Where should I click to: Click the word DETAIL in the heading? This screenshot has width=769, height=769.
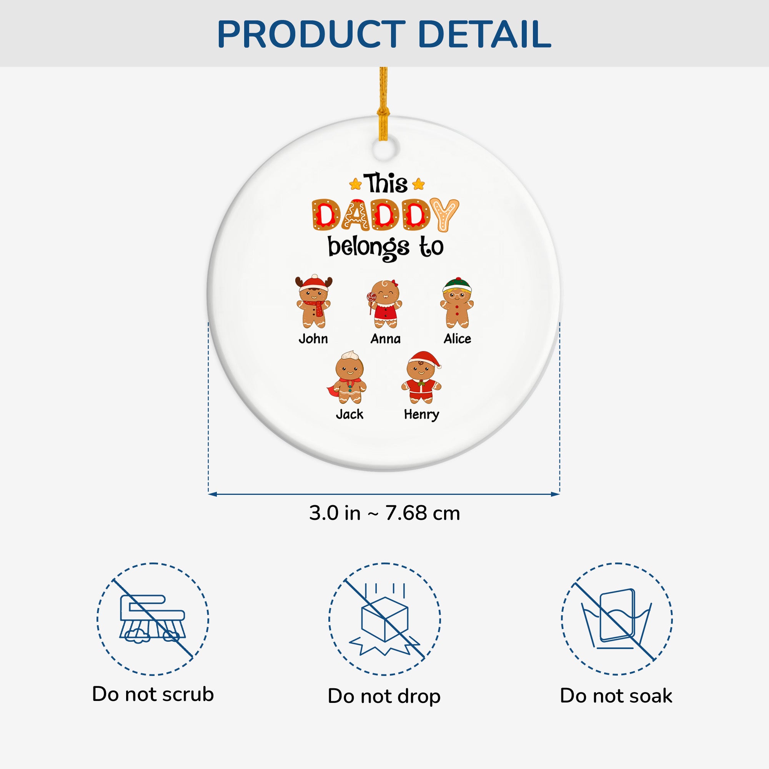484,34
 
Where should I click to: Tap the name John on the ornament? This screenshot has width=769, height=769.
313,339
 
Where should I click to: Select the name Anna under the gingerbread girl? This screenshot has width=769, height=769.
385,339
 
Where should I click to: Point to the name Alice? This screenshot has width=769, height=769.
457,339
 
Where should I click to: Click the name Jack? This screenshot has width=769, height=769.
350,414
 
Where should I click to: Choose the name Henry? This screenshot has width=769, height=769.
421,415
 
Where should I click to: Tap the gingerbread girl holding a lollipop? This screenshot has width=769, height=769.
384,304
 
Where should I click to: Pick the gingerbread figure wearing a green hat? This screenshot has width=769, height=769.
457,302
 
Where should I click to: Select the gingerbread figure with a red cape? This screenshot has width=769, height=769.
347,377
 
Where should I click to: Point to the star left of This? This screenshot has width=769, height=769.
355,184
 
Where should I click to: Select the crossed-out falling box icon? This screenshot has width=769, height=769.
384,619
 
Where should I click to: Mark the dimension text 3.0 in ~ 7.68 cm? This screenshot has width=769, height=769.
384,513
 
